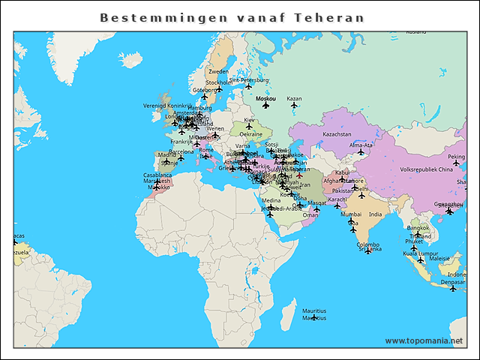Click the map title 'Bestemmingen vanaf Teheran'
coord(232,17)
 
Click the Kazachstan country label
coord(337,134)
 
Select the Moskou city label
coord(265,98)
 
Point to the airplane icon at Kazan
coord(294,106)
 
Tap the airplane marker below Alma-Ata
coord(361,152)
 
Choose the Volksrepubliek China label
coord(426,169)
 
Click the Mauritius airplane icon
coord(314,318)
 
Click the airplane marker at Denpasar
coord(452,289)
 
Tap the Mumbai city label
coord(351,214)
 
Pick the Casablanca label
coord(157,175)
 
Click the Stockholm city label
coord(219,82)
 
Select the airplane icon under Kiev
coord(249,127)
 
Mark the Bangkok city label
coord(418,227)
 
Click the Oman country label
coord(310,214)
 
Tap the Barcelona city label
coord(181,151)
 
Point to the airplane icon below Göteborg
coord(204,97)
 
